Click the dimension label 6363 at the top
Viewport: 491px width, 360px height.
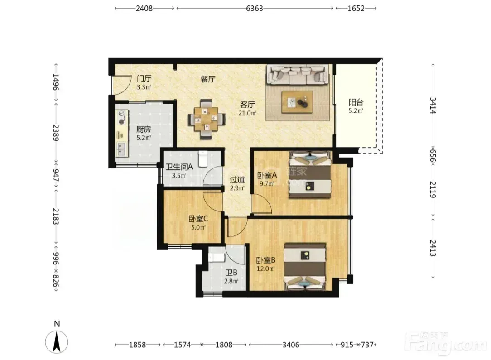pyautogui.click(x=254, y=8)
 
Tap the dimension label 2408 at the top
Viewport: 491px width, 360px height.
pyautogui.click(x=144, y=8)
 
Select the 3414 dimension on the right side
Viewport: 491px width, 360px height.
pyautogui.click(x=433, y=106)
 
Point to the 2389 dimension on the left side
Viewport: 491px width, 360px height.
pyautogui.click(x=56, y=133)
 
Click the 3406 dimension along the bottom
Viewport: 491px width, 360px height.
pyautogui.click(x=291, y=345)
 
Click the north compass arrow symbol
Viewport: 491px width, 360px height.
pyautogui.click(x=57, y=342)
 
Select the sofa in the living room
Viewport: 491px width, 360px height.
pyautogui.click(x=298, y=75)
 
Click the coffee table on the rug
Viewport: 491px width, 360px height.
pyautogui.click(x=297, y=102)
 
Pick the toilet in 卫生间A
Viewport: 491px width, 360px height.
pyautogui.click(x=203, y=158)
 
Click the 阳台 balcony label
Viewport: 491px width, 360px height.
pyautogui.click(x=356, y=102)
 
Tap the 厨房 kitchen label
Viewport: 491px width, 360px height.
pyautogui.click(x=144, y=129)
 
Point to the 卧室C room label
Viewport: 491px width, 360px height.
pyautogui.click(x=198, y=219)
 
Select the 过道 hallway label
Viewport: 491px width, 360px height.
pyautogui.click(x=237, y=179)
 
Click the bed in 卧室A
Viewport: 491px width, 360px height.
pyautogui.click(x=310, y=174)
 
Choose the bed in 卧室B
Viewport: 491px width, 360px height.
pyautogui.click(x=305, y=267)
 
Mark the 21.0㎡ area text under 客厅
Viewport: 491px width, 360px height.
pyautogui.click(x=247, y=113)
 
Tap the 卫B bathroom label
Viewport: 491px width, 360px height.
pyautogui.click(x=231, y=273)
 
